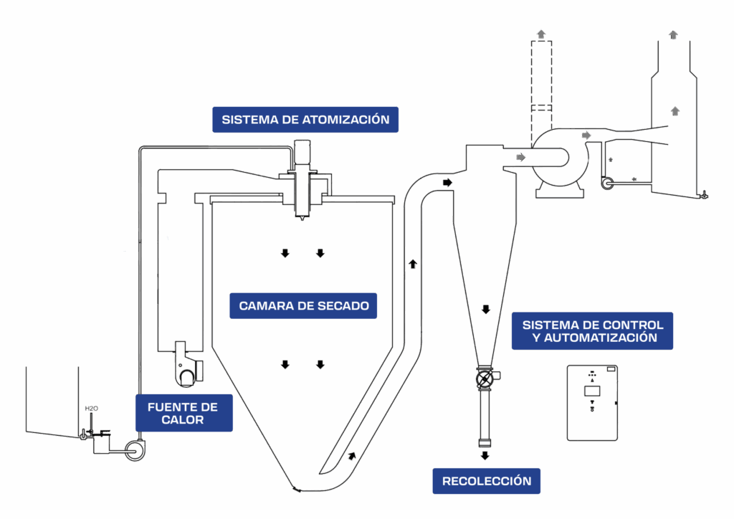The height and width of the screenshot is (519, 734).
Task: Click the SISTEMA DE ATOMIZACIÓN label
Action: [x=305, y=120]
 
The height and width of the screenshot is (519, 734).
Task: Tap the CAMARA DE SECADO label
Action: [x=304, y=306]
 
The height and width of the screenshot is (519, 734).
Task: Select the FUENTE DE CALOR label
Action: [x=183, y=413]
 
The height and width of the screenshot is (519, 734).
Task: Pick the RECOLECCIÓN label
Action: [x=487, y=481]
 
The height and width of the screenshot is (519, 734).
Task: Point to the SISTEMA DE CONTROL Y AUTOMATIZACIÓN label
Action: [x=592, y=331]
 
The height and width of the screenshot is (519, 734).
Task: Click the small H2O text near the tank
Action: [x=91, y=409]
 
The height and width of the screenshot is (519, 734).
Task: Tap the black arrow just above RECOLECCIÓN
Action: [x=485, y=455]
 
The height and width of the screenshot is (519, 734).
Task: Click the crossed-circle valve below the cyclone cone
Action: [x=485, y=376]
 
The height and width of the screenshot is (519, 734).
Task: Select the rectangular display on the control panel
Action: [x=591, y=391]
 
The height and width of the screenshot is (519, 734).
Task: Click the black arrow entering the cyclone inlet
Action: [x=448, y=183]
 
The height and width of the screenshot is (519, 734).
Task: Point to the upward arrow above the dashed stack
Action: [x=540, y=33]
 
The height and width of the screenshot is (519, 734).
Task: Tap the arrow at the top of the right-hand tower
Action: [x=673, y=34]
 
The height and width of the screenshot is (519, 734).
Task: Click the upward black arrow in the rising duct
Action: [x=413, y=264]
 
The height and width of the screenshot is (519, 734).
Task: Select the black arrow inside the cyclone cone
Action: [x=485, y=310]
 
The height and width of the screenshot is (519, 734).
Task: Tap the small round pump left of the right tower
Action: [x=607, y=184]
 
